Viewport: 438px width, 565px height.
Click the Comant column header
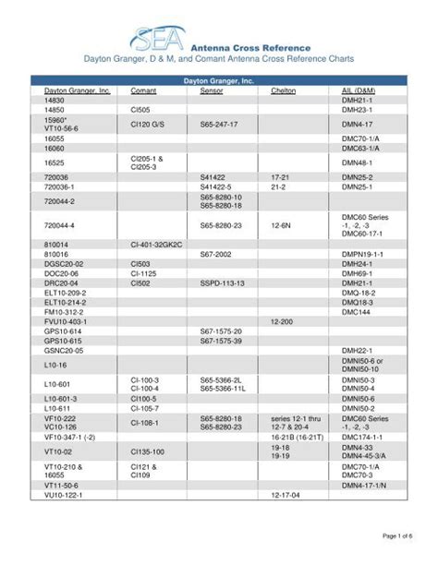pyautogui.click(x=143, y=91)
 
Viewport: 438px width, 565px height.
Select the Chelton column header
pyautogui.click(x=283, y=91)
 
